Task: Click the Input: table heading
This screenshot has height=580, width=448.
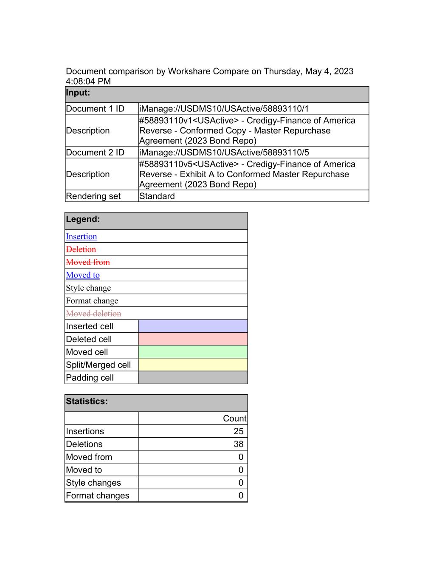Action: (78, 93)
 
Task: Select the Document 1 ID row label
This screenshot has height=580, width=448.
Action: (95, 109)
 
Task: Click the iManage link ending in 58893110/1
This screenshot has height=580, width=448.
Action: (224, 109)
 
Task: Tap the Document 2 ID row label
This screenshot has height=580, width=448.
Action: (95, 153)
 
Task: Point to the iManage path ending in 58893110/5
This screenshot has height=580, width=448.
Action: (224, 153)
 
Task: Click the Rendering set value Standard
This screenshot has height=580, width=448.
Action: (157, 196)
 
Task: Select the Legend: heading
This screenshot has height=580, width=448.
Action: (83, 219)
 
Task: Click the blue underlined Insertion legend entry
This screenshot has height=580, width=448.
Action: (82, 237)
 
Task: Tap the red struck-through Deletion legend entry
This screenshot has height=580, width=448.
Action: (81, 249)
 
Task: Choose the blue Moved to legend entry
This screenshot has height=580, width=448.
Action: (83, 275)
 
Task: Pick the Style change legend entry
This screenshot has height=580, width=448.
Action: (88, 288)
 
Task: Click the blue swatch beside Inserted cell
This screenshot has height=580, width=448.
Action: (193, 326)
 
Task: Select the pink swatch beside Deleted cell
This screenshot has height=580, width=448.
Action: (193, 339)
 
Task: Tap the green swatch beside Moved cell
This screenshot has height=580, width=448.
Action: (193, 352)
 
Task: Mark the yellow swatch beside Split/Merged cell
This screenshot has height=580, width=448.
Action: (193, 365)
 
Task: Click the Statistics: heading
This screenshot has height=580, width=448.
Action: (87, 402)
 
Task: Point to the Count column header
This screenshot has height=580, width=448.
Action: (234, 419)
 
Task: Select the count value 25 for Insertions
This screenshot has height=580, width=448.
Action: (238, 431)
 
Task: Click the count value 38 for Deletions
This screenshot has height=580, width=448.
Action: (238, 444)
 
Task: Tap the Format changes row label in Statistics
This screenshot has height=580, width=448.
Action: (98, 495)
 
